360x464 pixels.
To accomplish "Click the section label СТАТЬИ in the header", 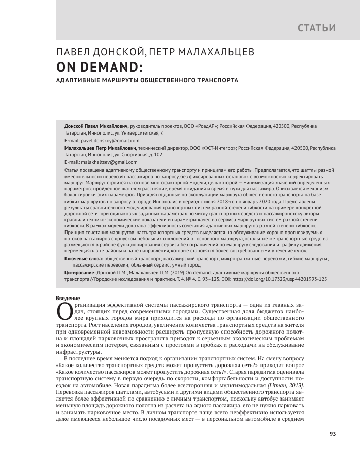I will pyautogui.click(x=316, y=27).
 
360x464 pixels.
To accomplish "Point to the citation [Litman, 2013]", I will pyautogui.click(x=285, y=388).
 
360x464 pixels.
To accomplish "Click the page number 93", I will pyautogui.click(x=333, y=434).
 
